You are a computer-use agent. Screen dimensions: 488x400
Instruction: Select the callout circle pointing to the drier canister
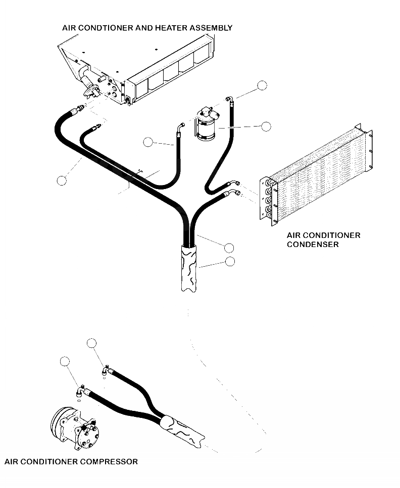tap(266, 127)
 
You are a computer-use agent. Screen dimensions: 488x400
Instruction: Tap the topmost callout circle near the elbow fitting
tap(261, 85)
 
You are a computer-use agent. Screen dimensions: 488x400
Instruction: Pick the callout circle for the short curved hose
tap(148, 142)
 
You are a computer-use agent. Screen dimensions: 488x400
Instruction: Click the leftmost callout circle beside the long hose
tap(62, 179)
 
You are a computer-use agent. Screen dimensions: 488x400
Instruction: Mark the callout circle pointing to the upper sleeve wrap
tap(230, 261)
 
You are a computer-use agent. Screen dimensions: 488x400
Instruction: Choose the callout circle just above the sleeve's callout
tap(229, 248)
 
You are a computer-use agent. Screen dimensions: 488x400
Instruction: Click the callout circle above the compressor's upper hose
tap(91, 343)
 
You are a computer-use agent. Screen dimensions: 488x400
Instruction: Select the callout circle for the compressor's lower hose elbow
tap(64, 361)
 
